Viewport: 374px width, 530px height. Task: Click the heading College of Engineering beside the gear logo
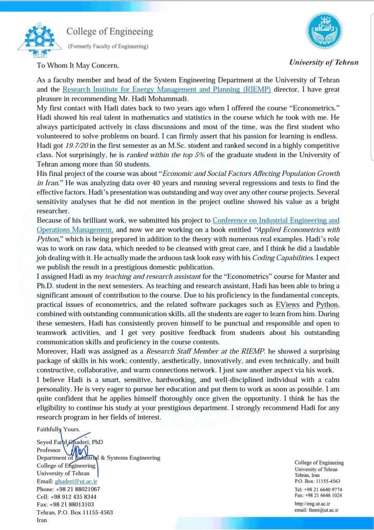[x=109, y=32]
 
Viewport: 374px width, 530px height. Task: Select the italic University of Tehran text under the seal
[x=323, y=62]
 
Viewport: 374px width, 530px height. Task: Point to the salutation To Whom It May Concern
[x=78, y=66]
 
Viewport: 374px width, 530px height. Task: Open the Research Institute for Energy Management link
[x=158, y=89]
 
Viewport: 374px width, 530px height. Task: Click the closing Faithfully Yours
[x=58, y=429]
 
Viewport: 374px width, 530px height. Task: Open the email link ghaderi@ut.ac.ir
[x=76, y=481]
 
